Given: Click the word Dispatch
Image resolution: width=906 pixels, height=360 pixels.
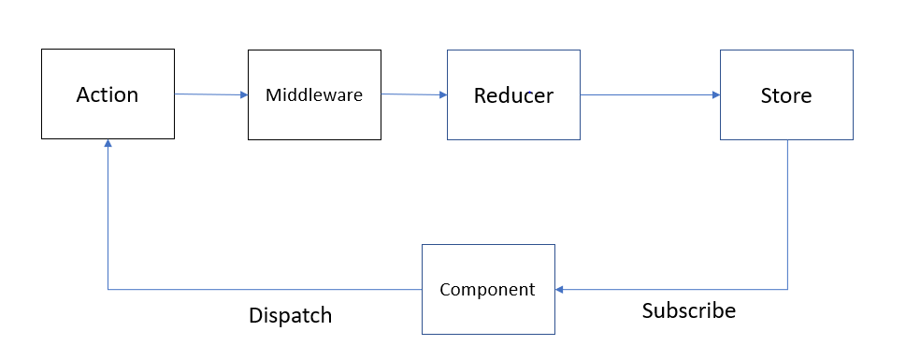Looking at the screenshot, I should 290,315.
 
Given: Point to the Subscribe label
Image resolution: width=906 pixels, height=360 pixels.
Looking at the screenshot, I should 688,310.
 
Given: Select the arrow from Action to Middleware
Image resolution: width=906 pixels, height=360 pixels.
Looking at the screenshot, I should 210,94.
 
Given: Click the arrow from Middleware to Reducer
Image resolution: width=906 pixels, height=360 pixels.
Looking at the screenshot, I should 413,94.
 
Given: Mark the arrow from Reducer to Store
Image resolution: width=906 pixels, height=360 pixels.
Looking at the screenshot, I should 650,94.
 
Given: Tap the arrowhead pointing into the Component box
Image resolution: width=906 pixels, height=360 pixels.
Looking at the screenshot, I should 560,289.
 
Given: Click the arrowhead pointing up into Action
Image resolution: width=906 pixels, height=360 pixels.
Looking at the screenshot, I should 108,144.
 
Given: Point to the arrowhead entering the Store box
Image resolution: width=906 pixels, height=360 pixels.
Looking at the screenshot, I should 715,94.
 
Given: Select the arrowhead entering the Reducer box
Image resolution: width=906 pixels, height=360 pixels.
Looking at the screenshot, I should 442,94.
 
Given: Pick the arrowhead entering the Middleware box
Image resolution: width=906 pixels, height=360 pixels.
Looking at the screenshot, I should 243,94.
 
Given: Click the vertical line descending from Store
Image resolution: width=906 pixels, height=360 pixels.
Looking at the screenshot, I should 787,215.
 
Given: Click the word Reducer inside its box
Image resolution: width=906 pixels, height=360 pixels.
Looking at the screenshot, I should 513,95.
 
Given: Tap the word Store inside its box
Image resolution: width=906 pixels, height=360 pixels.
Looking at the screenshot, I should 785,95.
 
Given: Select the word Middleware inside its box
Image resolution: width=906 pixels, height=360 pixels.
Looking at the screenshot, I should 314,95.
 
